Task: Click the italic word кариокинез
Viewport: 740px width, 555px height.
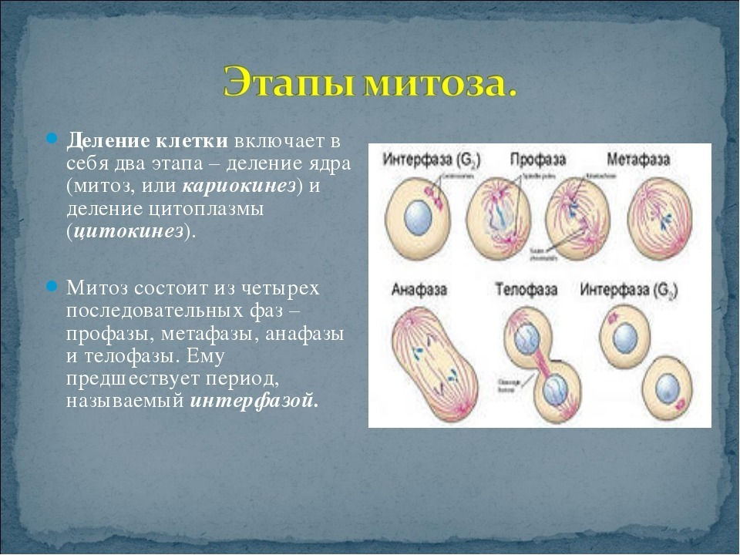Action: (240, 187)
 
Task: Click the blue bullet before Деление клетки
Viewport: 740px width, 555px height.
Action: (52, 141)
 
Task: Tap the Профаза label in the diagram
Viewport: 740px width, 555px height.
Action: (537, 160)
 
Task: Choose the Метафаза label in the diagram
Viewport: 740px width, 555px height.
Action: (638, 160)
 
